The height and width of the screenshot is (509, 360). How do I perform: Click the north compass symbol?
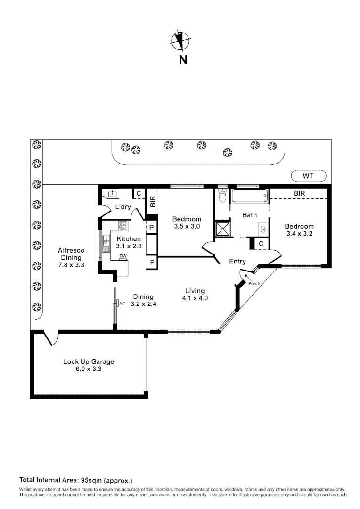tap(180, 41)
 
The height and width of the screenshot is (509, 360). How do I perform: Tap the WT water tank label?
tap(308, 176)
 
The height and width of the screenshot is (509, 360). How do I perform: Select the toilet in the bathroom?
tap(223, 196)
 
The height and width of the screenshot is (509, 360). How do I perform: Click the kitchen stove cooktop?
tap(123, 225)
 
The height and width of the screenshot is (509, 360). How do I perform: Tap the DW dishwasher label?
tap(123, 256)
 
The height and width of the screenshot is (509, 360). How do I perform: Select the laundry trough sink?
tap(113, 193)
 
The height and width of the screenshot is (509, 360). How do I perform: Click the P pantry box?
tap(152, 227)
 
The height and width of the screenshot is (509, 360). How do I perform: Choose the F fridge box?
tap(152, 262)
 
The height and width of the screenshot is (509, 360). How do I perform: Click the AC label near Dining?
tap(122, 303)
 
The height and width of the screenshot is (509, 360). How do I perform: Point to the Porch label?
tap(254, 283)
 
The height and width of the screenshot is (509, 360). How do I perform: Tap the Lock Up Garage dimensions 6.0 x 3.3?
tap(89, 369)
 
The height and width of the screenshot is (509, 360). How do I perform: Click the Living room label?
tap(195, 291)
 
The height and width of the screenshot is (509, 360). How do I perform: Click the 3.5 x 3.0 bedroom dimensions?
tap(187, 226)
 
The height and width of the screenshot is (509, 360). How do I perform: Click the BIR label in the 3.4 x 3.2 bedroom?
tap(299, 193)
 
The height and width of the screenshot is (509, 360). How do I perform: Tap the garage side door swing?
tap(49, 338)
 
